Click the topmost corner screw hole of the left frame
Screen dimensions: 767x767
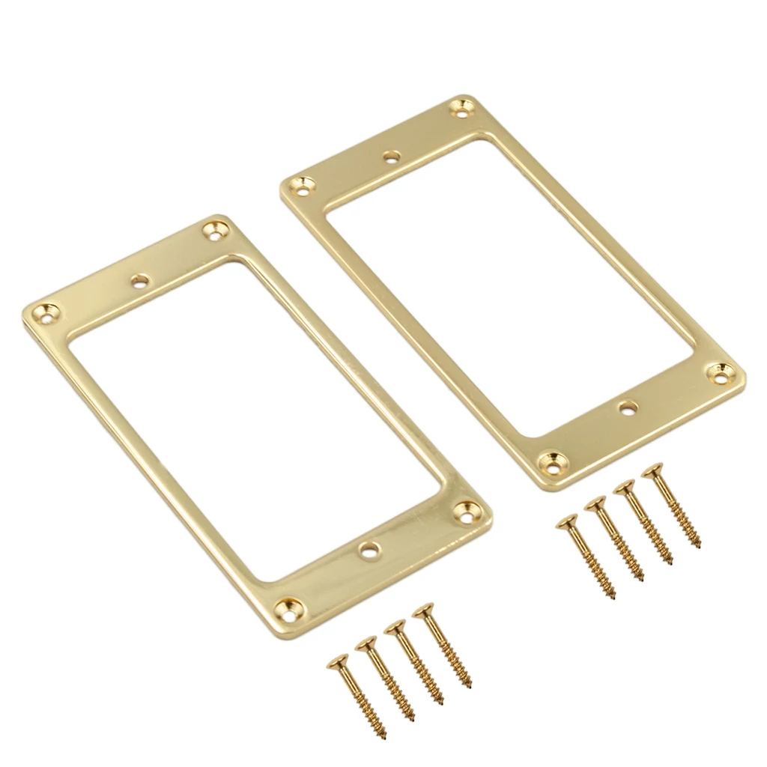tap(217, 231)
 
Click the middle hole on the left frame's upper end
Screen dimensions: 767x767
tap(139, 281)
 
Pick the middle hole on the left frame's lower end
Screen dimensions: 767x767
tap(368, 551)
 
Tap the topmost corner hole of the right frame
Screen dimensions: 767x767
tap(461, 109)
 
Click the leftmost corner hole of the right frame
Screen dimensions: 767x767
tap(303, 185)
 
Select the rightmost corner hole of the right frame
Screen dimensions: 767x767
tap(721, 373)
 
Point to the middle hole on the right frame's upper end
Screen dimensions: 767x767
tap(391, 157)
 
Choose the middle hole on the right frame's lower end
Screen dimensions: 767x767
tap(627, 407)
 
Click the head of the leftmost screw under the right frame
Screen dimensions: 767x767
tap(567, 522)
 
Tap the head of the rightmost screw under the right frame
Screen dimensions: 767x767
tap(653, 471)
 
